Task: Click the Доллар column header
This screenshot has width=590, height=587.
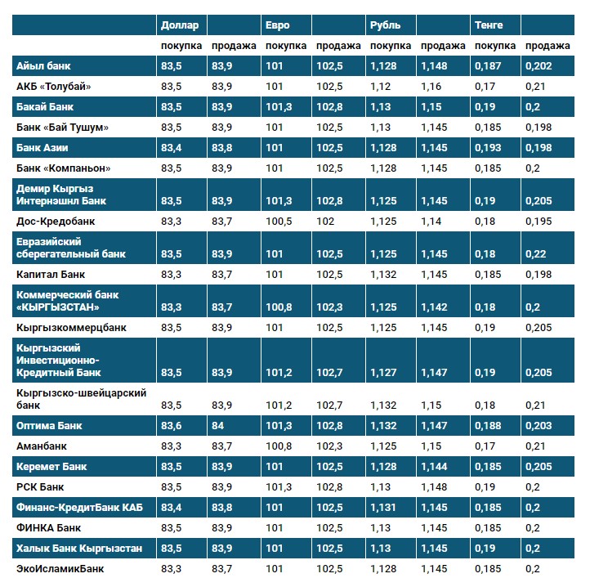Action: [x=181, y=25]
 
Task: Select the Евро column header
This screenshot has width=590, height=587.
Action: [x=278, y=25]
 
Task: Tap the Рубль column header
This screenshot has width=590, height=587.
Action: [x=385, y=25]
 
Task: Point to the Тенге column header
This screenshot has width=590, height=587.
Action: [x=489, y=25]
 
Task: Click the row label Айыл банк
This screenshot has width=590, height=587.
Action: [x=47, y=66]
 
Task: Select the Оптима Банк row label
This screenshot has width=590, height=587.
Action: [x=50, y=426]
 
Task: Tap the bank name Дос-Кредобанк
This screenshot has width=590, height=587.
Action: [x=56, y=221]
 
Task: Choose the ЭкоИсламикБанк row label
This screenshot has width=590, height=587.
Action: [x=60, y=568]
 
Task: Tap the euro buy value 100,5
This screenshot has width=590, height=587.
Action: [x=279, y=221]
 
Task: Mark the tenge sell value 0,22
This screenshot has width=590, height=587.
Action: [x=535, y=254]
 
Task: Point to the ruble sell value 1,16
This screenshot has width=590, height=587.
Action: [x=431, y=87]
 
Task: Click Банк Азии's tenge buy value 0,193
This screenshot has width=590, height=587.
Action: [x=489, y=148]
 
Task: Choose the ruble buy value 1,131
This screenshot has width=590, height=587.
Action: [x=384, y=508]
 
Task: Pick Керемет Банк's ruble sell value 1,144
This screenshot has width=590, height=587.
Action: [x=436, y=467]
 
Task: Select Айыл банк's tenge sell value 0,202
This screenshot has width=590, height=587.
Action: [x=538, y=66]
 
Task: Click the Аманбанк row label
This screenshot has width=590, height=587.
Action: [x=42, y=446]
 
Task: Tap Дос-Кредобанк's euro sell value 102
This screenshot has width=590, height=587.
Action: [x=325, y=221]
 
